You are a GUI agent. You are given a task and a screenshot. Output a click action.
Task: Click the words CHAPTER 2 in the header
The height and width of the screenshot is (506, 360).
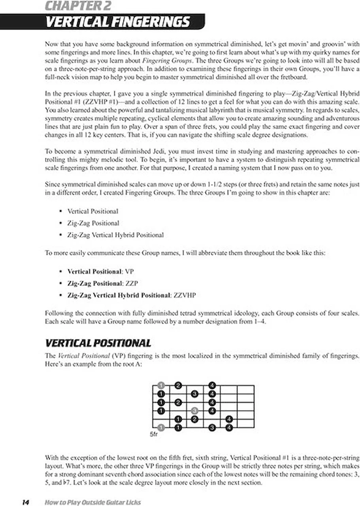click(x=77, y=6)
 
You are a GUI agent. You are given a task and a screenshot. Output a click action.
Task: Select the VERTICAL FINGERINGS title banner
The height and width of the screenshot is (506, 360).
click(x=117, y=22)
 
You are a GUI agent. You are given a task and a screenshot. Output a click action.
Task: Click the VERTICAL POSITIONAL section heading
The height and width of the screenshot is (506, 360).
click(x=98, y=343)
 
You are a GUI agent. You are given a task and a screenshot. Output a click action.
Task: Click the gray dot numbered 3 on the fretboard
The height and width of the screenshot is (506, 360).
click(x=194, y=411)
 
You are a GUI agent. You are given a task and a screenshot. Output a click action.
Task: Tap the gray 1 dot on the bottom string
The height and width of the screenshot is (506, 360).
click(x=161, y=427)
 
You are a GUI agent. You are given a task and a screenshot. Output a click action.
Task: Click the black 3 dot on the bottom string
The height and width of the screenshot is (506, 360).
click(x=212, y=427)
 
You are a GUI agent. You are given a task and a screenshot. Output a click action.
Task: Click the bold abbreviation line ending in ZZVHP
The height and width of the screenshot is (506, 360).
click(x=132, y=295)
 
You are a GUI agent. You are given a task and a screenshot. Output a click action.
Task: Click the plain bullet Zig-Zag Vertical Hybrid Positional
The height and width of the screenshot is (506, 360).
click(x=115, y=235)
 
